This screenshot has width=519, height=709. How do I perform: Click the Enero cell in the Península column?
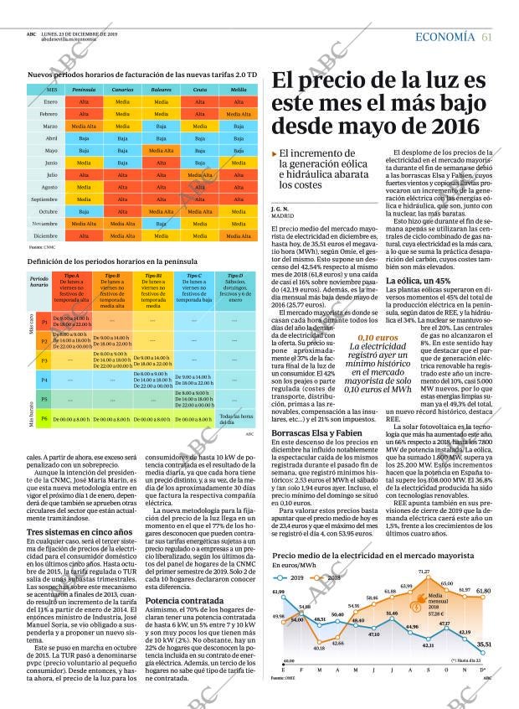84,101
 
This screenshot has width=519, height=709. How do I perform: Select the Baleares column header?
162,89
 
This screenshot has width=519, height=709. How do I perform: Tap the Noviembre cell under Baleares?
162,224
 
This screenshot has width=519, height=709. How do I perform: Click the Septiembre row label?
44,199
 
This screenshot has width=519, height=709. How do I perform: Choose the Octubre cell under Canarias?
122,212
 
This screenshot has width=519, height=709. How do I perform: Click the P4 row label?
44,380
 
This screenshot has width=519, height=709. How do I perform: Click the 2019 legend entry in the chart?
295,578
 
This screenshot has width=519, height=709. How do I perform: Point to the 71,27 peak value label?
424,572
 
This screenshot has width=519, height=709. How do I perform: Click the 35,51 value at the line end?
484,644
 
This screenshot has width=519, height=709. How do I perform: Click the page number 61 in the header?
486,37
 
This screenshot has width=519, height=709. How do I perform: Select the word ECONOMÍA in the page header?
445,37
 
